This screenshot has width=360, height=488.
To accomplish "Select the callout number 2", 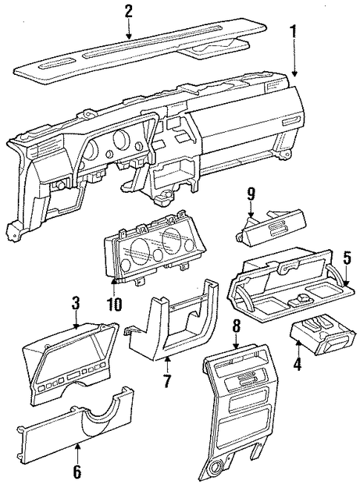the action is [x=128, y=12].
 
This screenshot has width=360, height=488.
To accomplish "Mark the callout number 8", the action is [x=237, y=327].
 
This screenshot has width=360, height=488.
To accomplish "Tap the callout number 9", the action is [x=252, y=196].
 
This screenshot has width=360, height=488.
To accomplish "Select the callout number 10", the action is [x=115, y=304].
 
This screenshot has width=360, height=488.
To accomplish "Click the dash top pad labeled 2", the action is [x=141, y=50].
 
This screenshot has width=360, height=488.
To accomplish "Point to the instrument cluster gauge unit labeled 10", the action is [x=153, y=247].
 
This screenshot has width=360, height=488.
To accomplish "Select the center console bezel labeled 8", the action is [x=241, y=414].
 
